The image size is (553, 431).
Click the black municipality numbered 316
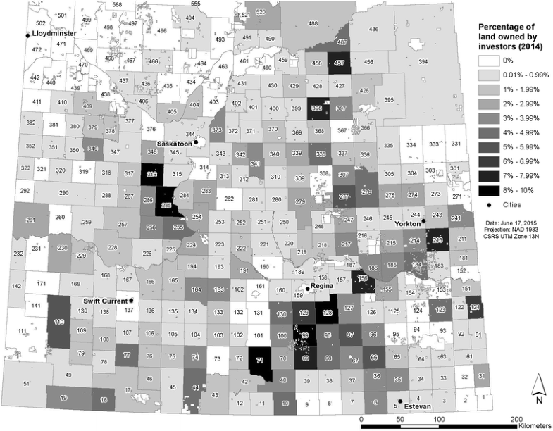tap(150, 174)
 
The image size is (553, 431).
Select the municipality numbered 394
tap(423, 63)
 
